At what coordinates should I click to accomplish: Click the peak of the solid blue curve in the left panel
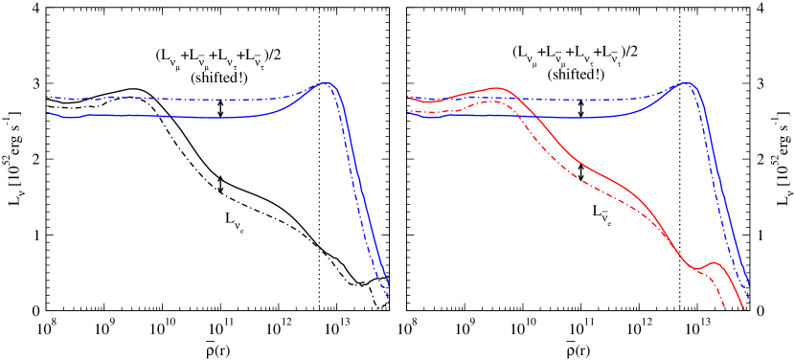(327, 83)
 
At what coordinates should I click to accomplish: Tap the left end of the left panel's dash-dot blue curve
(49, 97)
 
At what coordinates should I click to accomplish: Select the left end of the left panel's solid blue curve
(49, 112)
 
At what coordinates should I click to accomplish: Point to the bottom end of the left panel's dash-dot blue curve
(389, 299)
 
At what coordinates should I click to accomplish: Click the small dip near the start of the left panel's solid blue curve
(65, 117)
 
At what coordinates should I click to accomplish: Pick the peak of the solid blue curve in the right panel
(687, 83)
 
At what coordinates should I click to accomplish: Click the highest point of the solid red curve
(496, 88)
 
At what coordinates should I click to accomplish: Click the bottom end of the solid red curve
(744, 306)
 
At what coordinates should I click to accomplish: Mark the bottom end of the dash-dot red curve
(725, 308)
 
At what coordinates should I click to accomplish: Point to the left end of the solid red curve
(409, 98)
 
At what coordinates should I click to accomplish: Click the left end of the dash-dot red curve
(409, 111)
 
